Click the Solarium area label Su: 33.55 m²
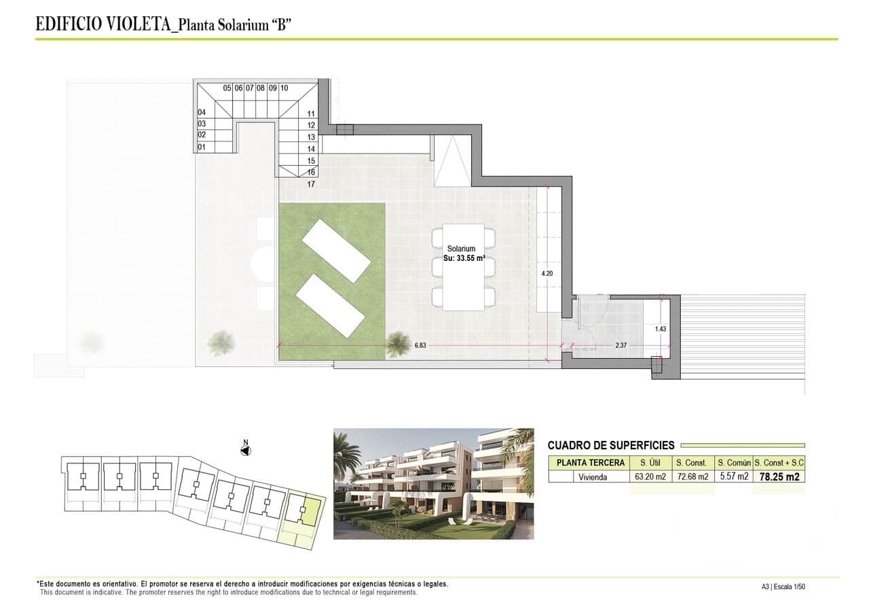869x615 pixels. pyautogui.click(x=462, y=258)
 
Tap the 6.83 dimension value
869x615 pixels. pyautogui.click(x=421, y=345)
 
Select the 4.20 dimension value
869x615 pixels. pyautogui.click(x=547, y=273)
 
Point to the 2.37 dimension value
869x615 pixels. pyautogui.click(x=621, y=345)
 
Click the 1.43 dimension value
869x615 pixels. pyautogui.click(x=661, y=329)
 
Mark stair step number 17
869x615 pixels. pyautogui.click(x=311, y=184)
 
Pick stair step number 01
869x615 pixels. pyautogui.click(x=202, y=147)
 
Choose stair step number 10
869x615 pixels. pyautogui.click(x=284, y=88)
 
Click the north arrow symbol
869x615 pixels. pyautogui.click(x=246, y=449)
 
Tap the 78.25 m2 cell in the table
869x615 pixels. pyautogui.click(x=779, y=477)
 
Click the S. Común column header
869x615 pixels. pyautogui.click(x=734, y=463)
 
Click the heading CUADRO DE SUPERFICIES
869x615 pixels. pyautogui.click(x=611, y=446)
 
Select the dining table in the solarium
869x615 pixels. pyautogui.click(x=463, y=266)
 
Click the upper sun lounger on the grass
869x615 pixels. pyautogui.click(x=336, y=251)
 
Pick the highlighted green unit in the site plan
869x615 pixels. pyautogui.click(x=310, y=511)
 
